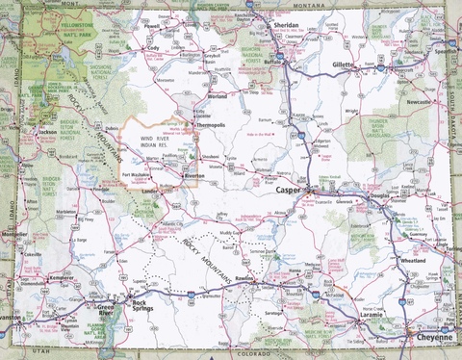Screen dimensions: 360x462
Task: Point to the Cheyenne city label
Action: click(x=427, y=338)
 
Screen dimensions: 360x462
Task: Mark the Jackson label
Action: click(x=45, y=132)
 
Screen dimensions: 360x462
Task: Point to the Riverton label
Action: click(x=195, y=176)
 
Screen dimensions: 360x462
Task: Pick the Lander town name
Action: click(x=151, y=191)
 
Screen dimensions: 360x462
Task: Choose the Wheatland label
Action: click(x=413, y=260)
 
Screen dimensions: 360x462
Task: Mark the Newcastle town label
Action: click(x=420, y=100)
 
